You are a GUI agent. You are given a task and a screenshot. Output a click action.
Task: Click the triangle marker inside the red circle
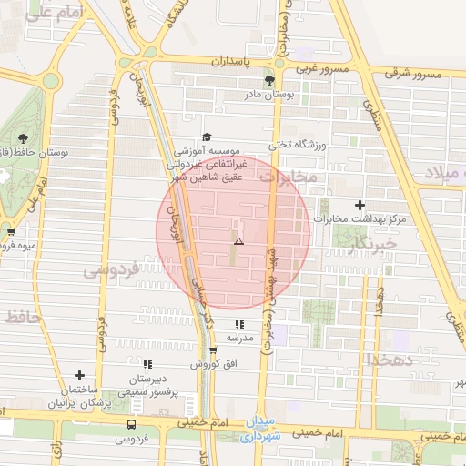[238, 242]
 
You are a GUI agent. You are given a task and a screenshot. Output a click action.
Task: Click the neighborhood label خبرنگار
[372, 243]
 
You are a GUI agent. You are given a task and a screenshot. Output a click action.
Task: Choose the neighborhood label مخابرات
[289, 178]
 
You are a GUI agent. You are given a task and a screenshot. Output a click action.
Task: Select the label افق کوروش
[213, 364]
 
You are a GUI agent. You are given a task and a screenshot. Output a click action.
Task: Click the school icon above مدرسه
[238, 324]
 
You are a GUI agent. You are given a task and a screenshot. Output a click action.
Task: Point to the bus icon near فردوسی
[133, 424]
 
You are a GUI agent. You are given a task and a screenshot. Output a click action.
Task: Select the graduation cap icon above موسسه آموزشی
[206, 137]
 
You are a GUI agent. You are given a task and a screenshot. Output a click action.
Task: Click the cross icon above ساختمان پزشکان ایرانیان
[80, 375]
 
